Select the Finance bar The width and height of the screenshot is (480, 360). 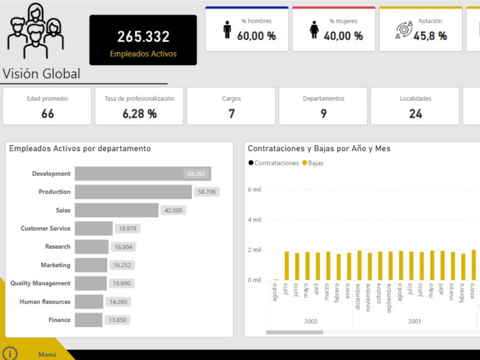(x=89, y=320)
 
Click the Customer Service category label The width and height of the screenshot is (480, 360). (x=46, y=229)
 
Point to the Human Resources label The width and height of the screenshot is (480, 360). (x=44, y=302)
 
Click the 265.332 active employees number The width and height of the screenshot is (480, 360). (x=143, y=37)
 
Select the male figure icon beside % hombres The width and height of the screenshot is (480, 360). (x=227, y=30)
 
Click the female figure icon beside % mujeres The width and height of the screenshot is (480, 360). (x=314, y=30)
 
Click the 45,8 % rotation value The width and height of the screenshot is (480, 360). (x=430, y=36)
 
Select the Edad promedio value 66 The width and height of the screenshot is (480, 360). (x=47, y=113)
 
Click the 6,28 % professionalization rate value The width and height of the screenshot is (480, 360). (x=139, y=113)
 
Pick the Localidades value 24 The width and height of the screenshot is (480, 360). (x=415, y=113)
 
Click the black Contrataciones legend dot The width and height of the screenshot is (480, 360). (x=251, y=163)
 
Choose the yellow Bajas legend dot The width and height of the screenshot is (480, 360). (x=304, y=163)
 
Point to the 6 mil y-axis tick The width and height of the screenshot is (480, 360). (x=254, y=190)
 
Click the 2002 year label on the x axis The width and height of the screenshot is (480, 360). (x=311, y=322)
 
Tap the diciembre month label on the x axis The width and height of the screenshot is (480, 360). (x=359, y=296)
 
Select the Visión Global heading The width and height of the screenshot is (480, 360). (x=41, y=74)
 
